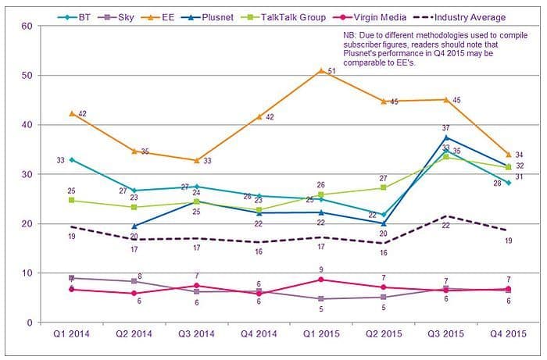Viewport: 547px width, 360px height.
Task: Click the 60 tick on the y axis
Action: click(26, 26)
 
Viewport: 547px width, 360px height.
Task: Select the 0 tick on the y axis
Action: click(29, 323)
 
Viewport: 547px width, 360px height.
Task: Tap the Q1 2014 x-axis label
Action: click(72, 337)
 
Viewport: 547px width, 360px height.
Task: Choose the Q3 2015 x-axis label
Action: click(445, 337)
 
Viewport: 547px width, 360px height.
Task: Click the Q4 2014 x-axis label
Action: click(259, 337)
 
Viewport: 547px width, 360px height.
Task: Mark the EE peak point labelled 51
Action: click(321, 70)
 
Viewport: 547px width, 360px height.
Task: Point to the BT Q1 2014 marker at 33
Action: click(72, 159)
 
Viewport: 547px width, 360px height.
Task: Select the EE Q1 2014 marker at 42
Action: click(72, 113)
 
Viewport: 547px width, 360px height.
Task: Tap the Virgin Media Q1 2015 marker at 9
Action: click(321, 280)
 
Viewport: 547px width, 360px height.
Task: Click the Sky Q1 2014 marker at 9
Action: click(72, 278)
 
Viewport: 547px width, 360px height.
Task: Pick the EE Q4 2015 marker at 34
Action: click(508, 154)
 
